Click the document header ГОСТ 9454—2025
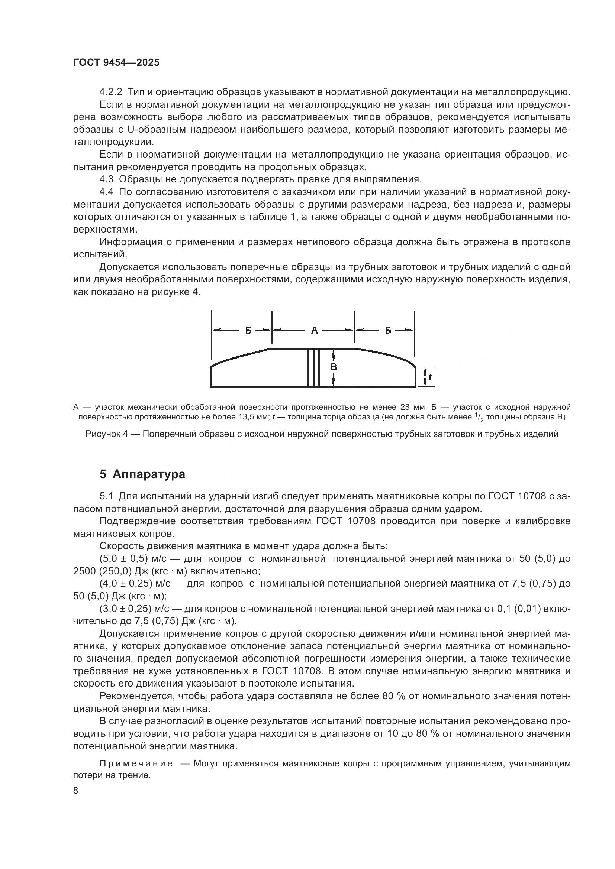[116, 63]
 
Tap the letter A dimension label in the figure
[314, 330]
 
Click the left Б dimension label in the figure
[248, 330]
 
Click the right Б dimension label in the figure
[388, 330]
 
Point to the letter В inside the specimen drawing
[334, 367]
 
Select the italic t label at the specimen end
[430, 377]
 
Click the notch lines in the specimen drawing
[313, 367]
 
